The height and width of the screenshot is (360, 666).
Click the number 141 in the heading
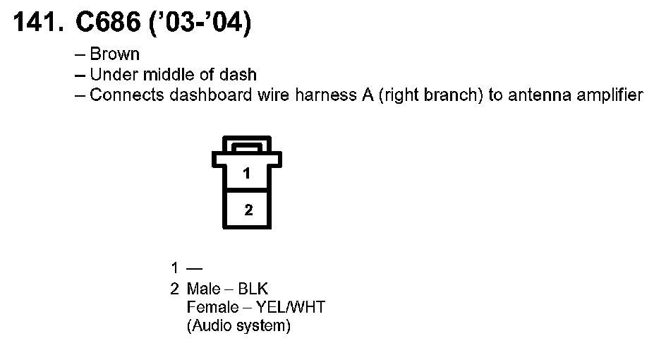[x=36, y=23]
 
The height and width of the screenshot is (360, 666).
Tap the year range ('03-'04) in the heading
[x=199, y=23]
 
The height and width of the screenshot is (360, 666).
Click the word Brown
[x=115, y=54]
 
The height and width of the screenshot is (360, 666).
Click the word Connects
[x=127, y=95]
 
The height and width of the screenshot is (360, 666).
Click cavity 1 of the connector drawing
[x=246, y=174]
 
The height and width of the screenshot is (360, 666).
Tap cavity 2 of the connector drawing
[x=247, y=210]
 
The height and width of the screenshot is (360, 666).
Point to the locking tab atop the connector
[x=246, y=148]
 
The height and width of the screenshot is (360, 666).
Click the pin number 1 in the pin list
[x=174, y=268]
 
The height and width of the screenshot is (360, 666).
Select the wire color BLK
[x=253, y=289]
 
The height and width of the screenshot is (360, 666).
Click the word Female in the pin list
[x=209, y=308]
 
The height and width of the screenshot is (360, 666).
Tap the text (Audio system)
[x=238, y=327]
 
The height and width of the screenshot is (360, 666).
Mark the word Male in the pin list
[x=203, y=289]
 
